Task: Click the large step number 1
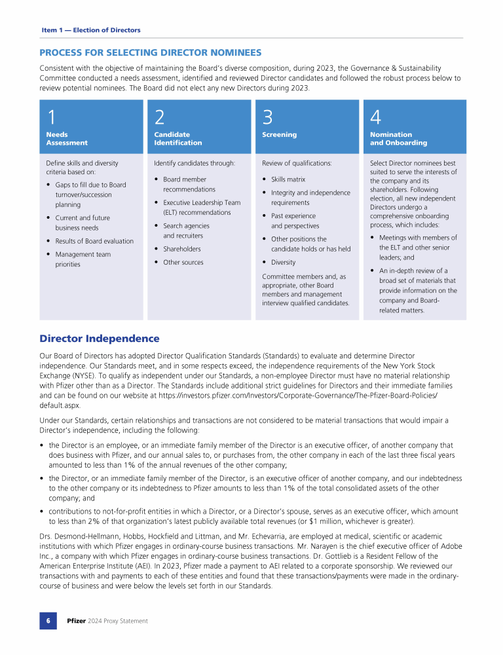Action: coord(51,117)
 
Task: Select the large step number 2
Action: coord(160,117)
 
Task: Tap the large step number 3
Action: coord(267,117)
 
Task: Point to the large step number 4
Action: coord(375,117)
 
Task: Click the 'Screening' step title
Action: coord(279,135)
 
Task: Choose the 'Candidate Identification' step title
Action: coord(174,139)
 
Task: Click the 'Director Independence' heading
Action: coord(100,339)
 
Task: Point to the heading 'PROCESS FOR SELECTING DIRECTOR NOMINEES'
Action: coord(151,52)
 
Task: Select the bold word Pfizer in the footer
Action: coord(77,621)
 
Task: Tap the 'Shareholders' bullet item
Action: coord(182,249)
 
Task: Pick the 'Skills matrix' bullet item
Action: coord(288,179)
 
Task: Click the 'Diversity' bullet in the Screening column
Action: coord(283,262)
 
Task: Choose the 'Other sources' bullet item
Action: coord(183,262)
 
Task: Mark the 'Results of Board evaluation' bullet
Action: coord(94,241)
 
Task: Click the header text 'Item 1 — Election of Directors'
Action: coord(91,30)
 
